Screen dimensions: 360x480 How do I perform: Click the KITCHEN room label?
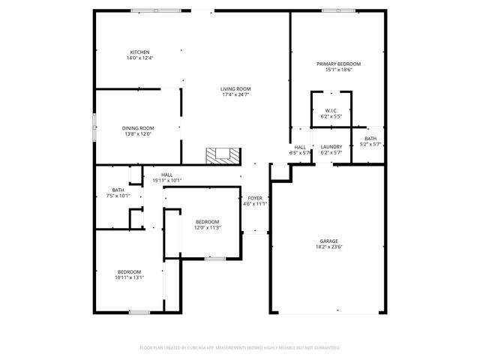pos(139,52)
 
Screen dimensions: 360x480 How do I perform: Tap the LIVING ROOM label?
pos(235,89)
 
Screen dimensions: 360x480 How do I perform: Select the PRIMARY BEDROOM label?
pos(338,64)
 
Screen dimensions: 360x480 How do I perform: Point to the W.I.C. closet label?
pos(331,111)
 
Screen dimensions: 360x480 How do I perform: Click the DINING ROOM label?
pos(137,128)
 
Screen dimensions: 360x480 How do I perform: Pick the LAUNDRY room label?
pos(331,146)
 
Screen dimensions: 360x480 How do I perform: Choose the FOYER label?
pos(255,197)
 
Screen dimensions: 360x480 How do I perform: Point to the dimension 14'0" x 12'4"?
pos(139,58)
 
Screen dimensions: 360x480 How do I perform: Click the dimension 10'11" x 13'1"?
pos(129,277)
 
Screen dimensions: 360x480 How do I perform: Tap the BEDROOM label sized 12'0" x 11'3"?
pos(207,221)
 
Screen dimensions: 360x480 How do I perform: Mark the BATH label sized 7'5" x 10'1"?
pos(118,190)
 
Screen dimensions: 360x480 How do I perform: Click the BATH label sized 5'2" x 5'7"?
pos(371,139)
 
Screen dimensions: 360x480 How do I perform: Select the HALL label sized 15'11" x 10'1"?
pos(166,175)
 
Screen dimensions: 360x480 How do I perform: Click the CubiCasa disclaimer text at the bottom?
pos(240,348)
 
